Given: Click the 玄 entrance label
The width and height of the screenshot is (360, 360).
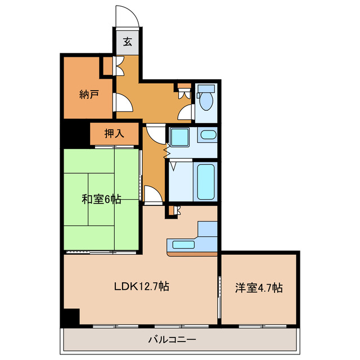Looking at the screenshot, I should pos(128,41).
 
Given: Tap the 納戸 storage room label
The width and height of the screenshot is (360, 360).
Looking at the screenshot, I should pos(89,94).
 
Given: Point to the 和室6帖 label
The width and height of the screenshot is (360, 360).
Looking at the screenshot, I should pos(101,199).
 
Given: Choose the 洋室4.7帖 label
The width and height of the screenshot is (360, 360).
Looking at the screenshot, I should pos(259,287).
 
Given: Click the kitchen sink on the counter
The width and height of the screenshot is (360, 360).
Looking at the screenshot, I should pos(183,245).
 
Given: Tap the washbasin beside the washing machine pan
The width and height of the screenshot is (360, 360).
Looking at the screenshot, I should pos(208,135).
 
